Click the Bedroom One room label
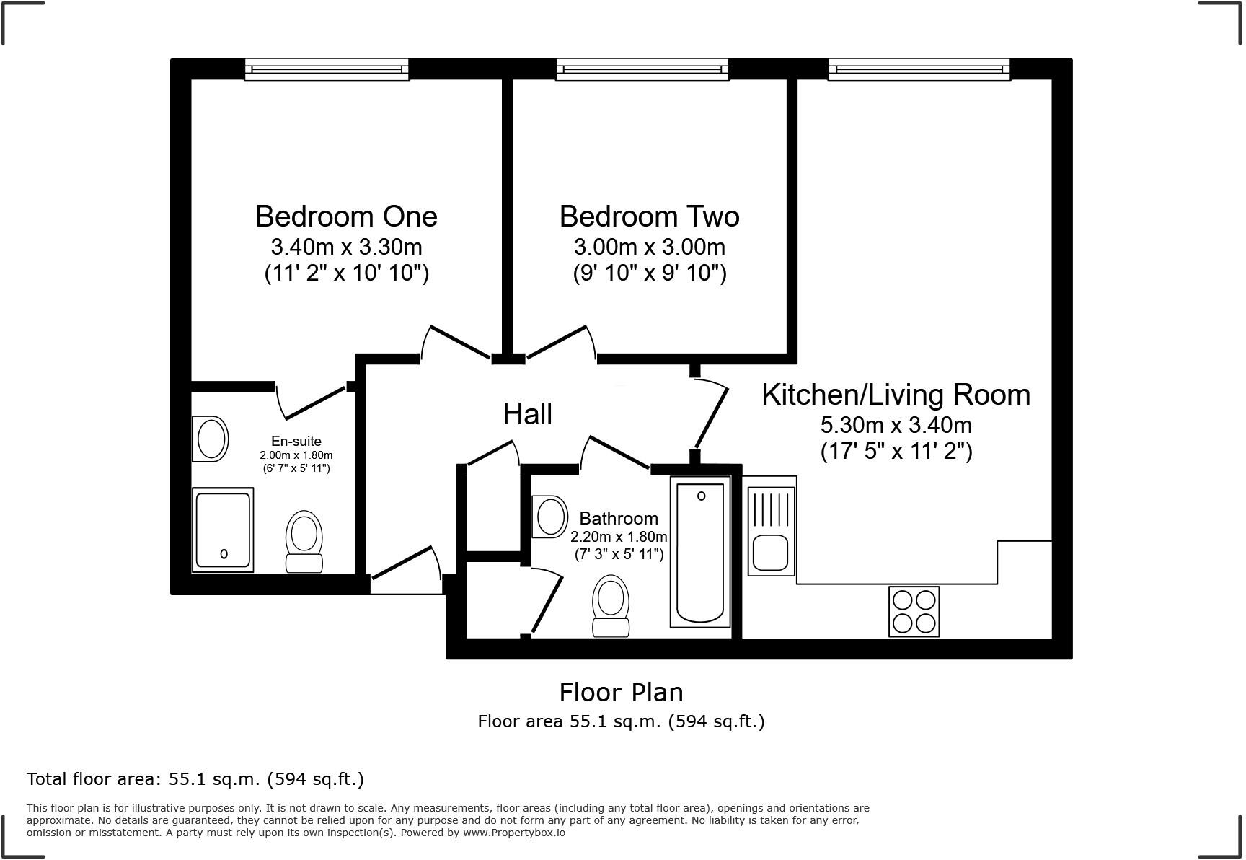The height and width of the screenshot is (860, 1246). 346,216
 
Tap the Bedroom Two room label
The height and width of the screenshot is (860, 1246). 649,216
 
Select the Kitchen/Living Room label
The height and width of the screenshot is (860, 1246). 896,395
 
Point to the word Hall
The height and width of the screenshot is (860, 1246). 527,414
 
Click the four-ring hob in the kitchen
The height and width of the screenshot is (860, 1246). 914,611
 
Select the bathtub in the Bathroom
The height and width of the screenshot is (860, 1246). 700,552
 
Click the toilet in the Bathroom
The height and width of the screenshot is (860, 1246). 610,606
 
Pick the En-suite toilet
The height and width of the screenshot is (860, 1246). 304,542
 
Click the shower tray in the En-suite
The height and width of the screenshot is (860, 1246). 223,530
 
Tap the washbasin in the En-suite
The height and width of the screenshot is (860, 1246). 210,439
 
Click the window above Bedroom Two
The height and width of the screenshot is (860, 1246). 642,69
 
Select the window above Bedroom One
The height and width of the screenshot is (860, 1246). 327,69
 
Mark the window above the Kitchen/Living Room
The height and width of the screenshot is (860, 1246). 919,69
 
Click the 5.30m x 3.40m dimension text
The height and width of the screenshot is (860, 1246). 896,424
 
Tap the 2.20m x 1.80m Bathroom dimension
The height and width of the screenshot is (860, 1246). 619,537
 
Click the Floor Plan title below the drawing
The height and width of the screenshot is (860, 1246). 621,693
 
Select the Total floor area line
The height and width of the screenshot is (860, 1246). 195,779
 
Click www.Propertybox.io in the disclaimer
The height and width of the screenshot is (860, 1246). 513,833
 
